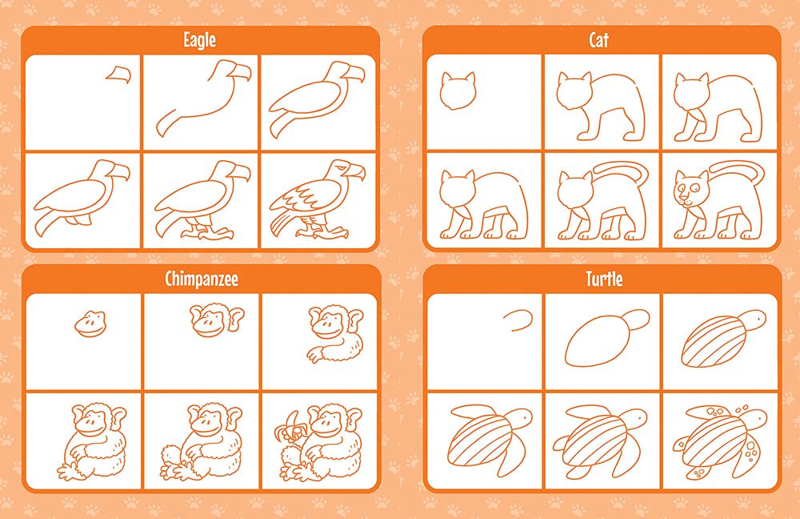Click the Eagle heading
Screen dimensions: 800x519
tap(199, 40)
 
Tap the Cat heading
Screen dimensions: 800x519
tap(599, 40)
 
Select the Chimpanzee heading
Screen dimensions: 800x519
tap(202, 279)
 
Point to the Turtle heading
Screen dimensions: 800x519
tap(604, 279)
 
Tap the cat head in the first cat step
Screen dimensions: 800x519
tap(458, 91)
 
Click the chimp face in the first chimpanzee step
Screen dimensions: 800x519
tap(91, 324)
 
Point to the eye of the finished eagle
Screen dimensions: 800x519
tap(342, 168)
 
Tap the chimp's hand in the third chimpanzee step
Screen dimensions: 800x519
tap(316, 354)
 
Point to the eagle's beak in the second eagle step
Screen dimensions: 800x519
tap(238, 71)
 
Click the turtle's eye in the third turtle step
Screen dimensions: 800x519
tap(758, 319)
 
